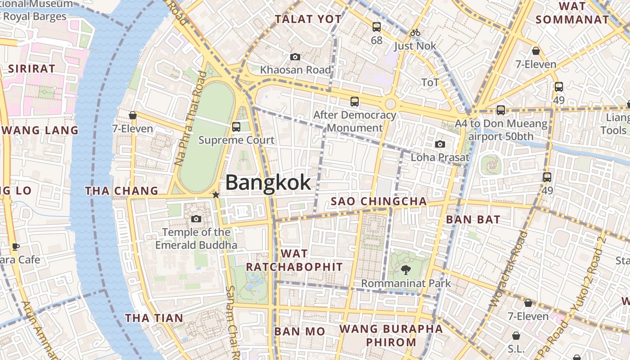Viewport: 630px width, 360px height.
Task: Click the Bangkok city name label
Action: pos(268,182)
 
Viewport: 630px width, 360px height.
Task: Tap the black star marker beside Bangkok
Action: pos(216,195)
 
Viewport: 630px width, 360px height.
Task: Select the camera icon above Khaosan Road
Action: pos(295,57)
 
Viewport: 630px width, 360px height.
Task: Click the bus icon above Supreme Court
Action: pos(236,127)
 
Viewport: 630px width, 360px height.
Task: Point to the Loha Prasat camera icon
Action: pos(440,144)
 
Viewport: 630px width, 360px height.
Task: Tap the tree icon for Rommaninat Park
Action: pos(406,270)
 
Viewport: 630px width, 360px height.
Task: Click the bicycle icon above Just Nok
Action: pos(415,32)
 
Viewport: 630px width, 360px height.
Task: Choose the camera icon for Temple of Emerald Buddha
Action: pos(196,219)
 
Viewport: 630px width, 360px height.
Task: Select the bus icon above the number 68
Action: pos(377,27)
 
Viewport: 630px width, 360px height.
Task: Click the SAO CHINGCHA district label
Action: pos(378,201)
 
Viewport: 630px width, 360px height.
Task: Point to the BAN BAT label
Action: pos(473,220)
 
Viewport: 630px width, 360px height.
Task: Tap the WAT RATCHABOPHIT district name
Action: pos(294,260)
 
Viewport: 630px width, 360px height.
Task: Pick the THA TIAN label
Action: pos(154,318)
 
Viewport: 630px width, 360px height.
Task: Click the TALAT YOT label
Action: pos(308,19)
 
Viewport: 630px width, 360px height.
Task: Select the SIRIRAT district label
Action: pos(31,69)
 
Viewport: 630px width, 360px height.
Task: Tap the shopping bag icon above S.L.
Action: pos(516,336)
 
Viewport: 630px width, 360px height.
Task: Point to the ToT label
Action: pos(430,82)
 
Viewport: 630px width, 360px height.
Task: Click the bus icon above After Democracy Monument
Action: pos(355,102)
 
